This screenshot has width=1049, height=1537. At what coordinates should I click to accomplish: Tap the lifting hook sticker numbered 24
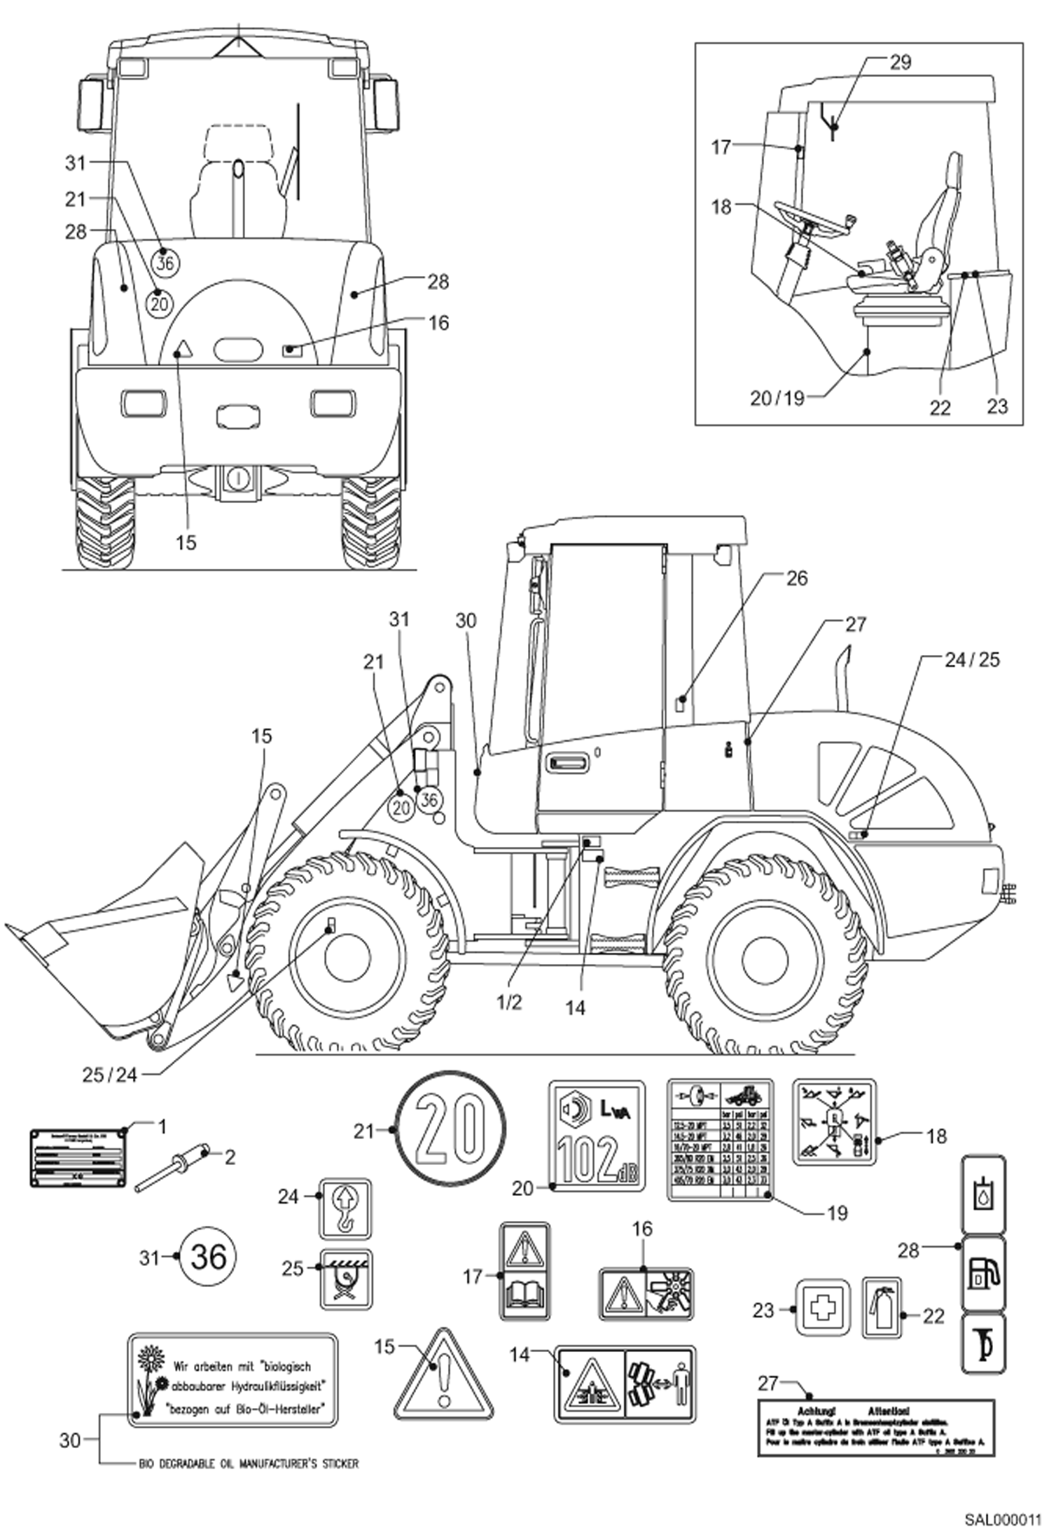pyautogui.click(x=345, y=1208)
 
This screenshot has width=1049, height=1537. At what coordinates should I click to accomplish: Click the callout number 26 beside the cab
pyautogui.click(x=797, y=578)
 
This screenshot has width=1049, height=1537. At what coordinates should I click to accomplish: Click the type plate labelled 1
pyautogui.click(x=78, y=1157)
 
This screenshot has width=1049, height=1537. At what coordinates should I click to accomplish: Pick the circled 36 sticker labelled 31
pyautogui.click(x=208, y=1257)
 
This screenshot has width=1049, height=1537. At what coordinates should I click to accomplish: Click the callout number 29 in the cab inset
pyautogui.click(x=901, y=62)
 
